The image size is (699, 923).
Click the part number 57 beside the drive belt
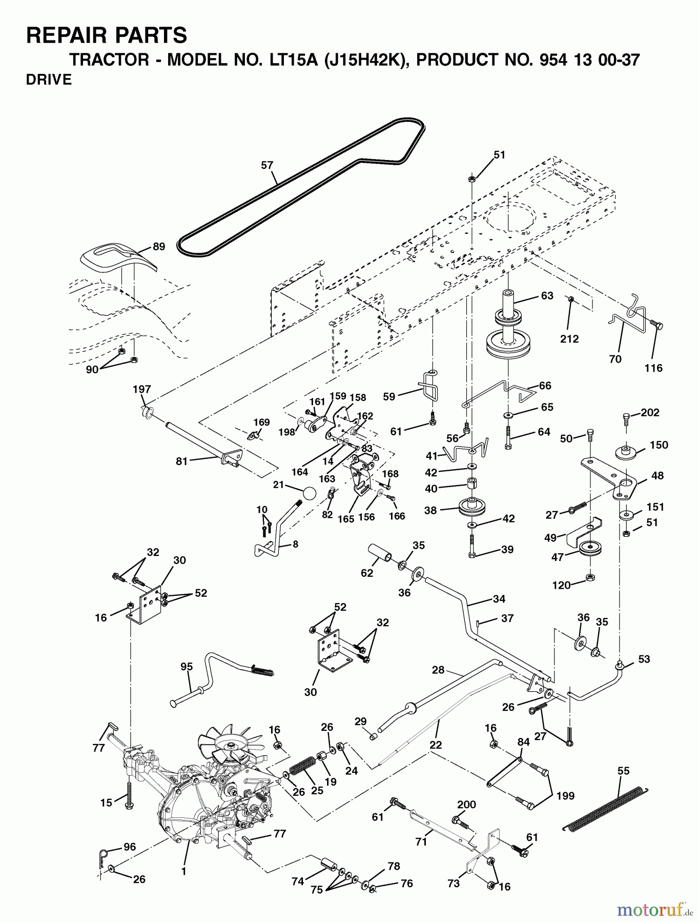(x=267, y=165)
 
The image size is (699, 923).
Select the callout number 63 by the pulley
(x=547, y=295)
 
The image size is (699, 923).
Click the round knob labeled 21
(x=310, y=493)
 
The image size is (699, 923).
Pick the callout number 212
(x=569, y=338)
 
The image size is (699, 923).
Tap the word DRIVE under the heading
(x=49, y=79)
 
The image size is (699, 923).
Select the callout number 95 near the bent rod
(x=187, y=666)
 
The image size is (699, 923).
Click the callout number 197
(x=142, y=389)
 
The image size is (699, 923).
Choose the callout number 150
(x=659, y=445)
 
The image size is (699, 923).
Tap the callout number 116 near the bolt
(x=653, y=368)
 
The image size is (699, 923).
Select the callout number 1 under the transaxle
(x=183, y=871)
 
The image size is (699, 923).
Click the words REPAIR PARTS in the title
(x=107, y=35)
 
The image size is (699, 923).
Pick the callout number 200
(x=466, y=805)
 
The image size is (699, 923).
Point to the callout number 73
(x=454, y=883)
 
